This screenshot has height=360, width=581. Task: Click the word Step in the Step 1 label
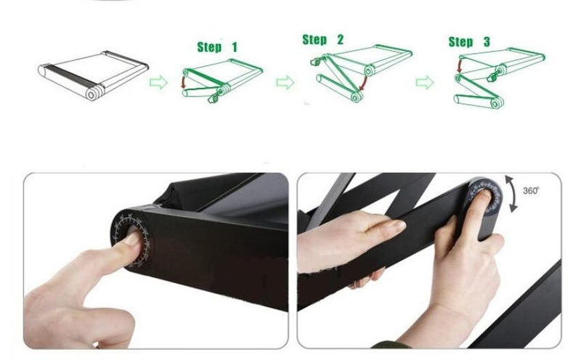coord(210,47)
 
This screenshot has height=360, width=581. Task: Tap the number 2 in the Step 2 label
coord(340,39)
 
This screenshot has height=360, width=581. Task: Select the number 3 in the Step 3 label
coord(487,42)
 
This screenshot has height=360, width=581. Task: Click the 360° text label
coord(531,190)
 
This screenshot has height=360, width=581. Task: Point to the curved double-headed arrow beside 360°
coord(514,194)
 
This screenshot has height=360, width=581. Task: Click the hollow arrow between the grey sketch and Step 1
coord(158,82)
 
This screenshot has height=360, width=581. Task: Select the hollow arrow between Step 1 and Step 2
coord(285,82)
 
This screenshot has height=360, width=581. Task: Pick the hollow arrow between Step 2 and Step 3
coord(425,82)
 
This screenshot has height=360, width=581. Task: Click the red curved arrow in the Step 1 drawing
coord(183,81)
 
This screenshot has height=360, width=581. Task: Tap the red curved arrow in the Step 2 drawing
coord(364,83)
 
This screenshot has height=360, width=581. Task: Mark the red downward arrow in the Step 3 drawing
coord(460,66)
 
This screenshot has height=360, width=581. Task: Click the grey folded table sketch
coord(94,75)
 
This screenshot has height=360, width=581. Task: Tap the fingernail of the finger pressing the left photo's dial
coord(133,237)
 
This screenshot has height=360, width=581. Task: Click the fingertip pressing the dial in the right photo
coord(482,196)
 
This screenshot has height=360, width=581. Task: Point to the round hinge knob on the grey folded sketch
coord(92,94)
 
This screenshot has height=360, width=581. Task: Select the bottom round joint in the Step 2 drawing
coord(356,97)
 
